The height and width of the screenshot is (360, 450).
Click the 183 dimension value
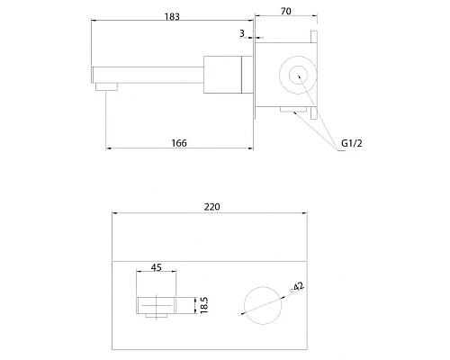pos(172,16)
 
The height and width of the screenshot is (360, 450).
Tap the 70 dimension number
pos(286,11)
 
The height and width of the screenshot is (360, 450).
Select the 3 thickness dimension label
pos(242,33)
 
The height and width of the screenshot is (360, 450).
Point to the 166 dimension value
pos(179,143)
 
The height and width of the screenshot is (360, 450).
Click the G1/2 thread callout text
pos(352,143)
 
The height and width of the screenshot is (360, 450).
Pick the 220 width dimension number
pos(211,207)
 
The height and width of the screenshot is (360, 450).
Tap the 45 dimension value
pos(157,267)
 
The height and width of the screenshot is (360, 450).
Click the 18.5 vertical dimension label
pos(204,305)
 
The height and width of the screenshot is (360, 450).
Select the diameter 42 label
pos(297,287)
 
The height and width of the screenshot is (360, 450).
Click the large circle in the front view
pos(263,287)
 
